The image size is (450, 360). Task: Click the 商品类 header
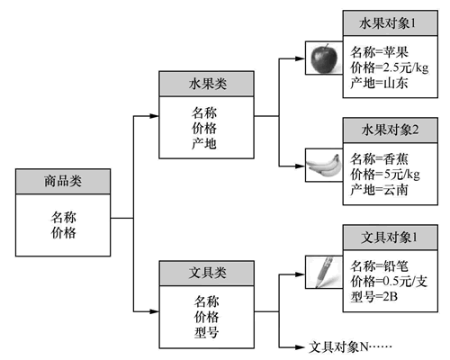[x=63, y=181]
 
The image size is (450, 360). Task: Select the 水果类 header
[x=206, y=84]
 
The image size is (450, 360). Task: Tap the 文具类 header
[x=207, y=273]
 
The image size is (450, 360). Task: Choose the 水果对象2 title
[x=391, y=130]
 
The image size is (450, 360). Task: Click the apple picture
[x=324, y=58]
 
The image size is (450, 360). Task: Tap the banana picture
[x=324, y=165]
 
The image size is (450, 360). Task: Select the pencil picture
[x=324, y=272]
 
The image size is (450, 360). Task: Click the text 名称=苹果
[x=379, y=52]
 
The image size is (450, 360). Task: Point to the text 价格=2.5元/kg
[x=390, y=67]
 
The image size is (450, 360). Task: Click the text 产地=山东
[x=379, y=83]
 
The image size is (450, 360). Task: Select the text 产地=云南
[x=379, y=190]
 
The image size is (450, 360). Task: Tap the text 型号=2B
[x=374, y=297]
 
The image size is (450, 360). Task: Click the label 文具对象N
[x=338, y=347]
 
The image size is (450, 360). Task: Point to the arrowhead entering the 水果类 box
[x=154, y=116]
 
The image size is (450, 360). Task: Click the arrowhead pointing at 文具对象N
[x=300, y=347]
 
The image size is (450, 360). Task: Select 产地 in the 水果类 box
[x=204, y=144]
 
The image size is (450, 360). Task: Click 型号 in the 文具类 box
[x=206, y=333]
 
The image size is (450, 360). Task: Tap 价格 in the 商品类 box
[x=63, y=233]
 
